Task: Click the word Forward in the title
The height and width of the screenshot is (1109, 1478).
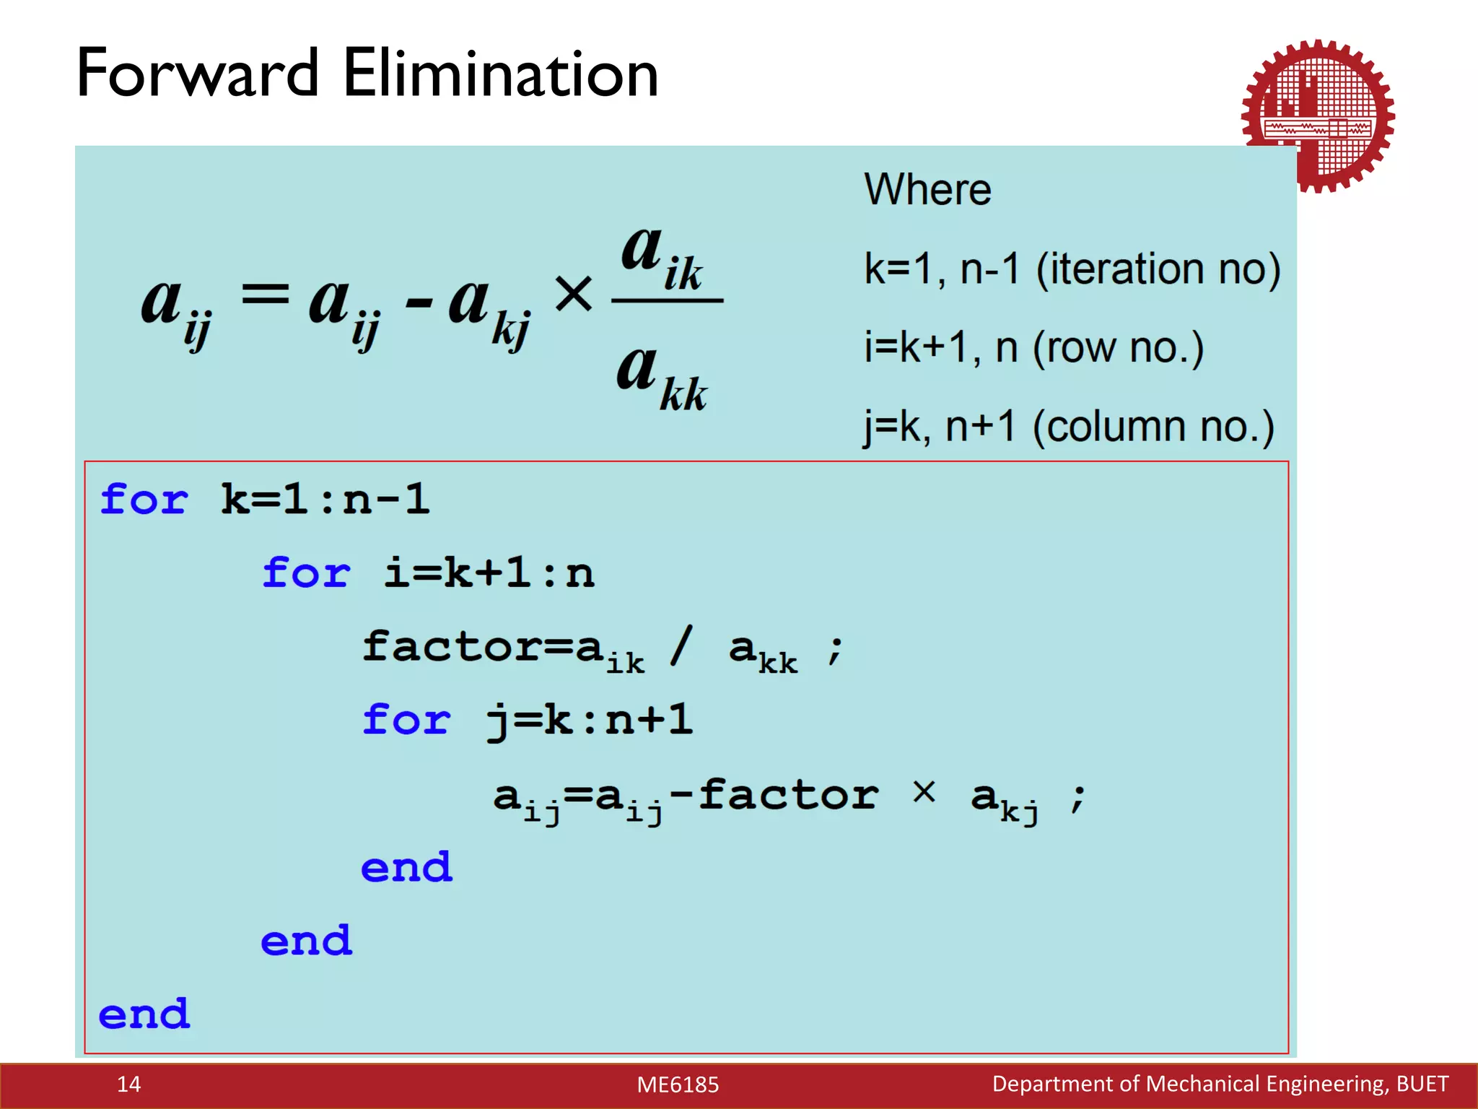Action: click(x=197, y=74)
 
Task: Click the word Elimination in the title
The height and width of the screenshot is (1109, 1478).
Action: click(x=500, y=74)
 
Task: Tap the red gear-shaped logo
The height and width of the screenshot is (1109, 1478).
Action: click(x=1318, y=116)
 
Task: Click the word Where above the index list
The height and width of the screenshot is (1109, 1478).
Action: click(x=927, y=190)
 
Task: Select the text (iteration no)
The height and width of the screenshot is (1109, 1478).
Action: click(x=1158, y=270)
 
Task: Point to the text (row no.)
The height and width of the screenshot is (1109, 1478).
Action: click(x=1118, y=348)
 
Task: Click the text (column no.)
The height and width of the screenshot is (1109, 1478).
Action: click(x=1153, y=427)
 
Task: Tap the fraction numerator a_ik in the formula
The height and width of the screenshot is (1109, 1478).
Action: click(x=661, y=257)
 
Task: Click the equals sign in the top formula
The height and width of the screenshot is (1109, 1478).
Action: click(x=265, y=295)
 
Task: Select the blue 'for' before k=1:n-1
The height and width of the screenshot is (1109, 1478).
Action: click(x=144, y=500)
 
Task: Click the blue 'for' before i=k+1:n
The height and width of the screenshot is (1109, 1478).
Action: click(x=306, y=573)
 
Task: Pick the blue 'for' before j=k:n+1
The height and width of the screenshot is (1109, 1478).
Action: click(x=406, y=720)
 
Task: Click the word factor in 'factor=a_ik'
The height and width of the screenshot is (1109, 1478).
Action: click(x=451, y=645)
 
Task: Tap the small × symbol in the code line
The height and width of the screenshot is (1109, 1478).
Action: click(x=924, y=792)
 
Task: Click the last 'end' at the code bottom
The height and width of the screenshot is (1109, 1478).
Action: click(x=144, y=1014)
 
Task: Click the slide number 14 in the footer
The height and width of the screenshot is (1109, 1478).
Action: click(x=128, y=1084)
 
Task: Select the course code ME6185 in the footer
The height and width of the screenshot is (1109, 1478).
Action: click(x=678, y=1084)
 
